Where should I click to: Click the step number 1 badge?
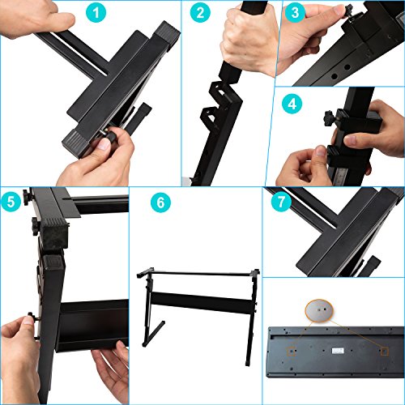98,14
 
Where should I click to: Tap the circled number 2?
200,14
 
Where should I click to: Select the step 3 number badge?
296,14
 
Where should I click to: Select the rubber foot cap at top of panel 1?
168,33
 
